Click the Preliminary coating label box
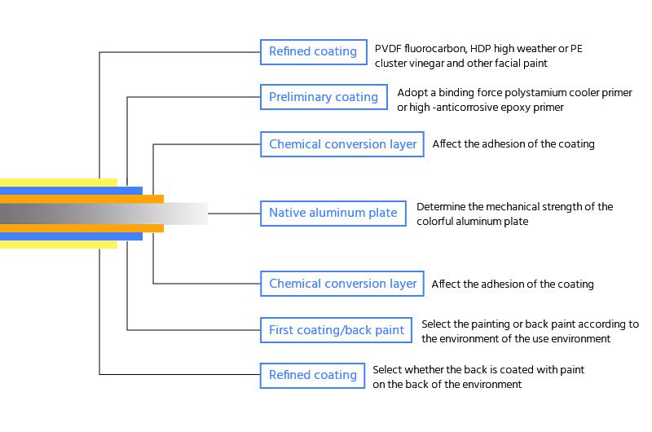pyautogui.click(x=324, y=98)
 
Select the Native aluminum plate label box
pyautogui.click(x=333, y=214)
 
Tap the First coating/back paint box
pyautogui.click(x=336, y=330)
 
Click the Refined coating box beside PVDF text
pyautogui.click(x=313, y=52)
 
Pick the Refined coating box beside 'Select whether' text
pyautogui.click(x=313, y=375)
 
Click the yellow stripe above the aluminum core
pyautogui.click(x=57, y=182)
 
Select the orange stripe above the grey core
pyautogui.click(x=81, y=199)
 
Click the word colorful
pyautogui.click(x=439, y=222)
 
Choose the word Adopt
pyautogui.click(x=412, y=93)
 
